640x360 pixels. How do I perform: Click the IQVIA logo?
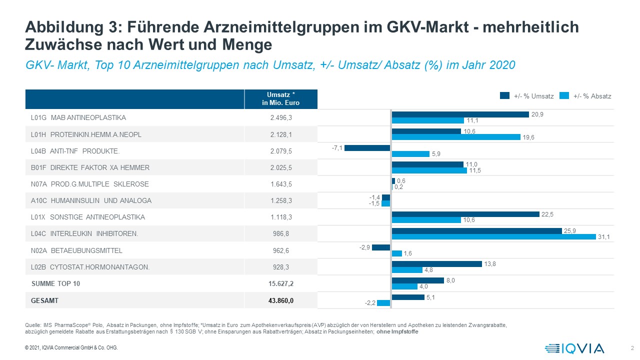(574, 348)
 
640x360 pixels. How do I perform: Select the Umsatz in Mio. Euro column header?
(281, 99)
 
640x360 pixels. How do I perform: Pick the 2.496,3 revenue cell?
(281, 118)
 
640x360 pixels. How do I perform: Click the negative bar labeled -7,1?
(367, 148)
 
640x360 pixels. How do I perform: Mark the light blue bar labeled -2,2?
(383, 303)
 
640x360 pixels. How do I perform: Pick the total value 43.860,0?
(281, 300)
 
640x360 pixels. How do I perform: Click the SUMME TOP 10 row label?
(55, 283)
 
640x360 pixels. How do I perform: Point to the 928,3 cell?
(281, 267)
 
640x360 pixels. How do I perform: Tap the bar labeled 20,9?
(460, 114)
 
